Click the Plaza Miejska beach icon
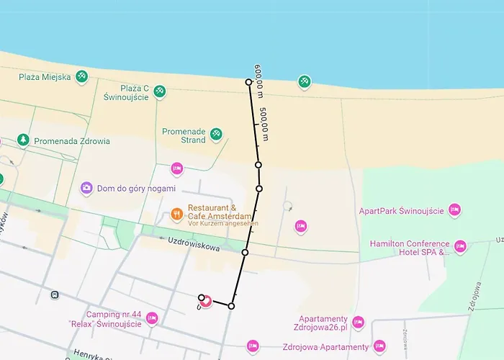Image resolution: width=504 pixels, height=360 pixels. (x=83, y=76)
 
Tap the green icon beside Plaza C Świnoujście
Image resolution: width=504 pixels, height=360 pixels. (x=160, y=91)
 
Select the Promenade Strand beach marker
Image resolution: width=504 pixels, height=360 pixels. (x=215, y=134)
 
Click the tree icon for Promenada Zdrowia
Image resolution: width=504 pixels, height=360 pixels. (x=23, y=140)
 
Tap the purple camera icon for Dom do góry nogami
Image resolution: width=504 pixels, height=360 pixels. (x=86, y=188)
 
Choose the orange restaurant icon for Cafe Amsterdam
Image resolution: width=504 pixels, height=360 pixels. (x=176, y=213)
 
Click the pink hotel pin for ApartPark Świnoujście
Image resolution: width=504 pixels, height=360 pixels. (x=454, y=210)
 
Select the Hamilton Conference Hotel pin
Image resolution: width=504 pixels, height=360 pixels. (x=460, y=247)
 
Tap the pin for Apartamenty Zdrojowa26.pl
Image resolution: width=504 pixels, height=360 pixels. (x=358, y=322)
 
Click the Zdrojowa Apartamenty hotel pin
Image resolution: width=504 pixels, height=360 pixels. (x=252, y=346)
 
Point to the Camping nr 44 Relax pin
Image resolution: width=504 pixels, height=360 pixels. (x=151, y=318)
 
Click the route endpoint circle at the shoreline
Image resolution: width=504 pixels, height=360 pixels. (x=248, y=82)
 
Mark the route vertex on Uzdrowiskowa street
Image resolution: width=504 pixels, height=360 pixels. (x=245, y=253)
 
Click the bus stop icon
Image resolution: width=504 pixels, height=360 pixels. (x=55, y=294)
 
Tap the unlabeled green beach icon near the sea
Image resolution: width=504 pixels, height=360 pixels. (x=305, y=81)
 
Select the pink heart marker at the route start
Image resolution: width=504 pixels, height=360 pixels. (x=205, y=300)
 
